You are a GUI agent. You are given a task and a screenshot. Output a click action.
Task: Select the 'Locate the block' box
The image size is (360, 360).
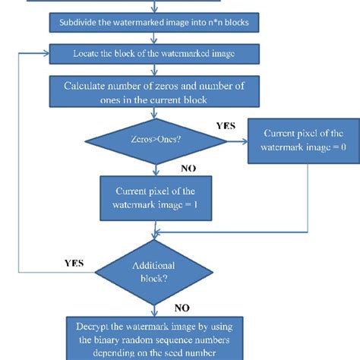pyautogui.click(x=154, y=55)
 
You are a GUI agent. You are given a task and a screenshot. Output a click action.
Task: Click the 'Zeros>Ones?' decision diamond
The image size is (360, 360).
pyautogui.click(x=155, y=141)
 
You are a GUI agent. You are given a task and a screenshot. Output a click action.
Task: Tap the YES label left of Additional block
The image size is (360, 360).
pyautogui.click(x=73, y=264)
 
